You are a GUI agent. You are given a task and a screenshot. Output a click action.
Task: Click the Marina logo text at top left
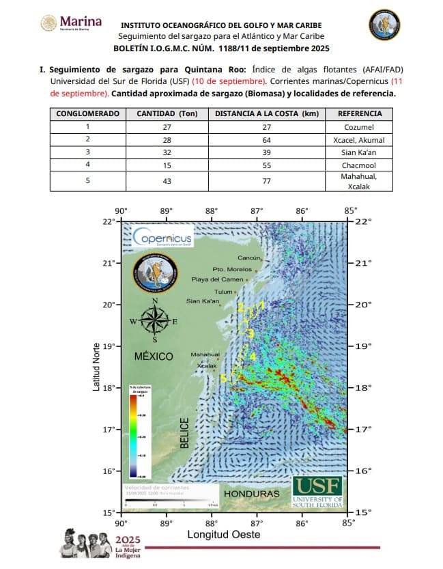coord(81,23)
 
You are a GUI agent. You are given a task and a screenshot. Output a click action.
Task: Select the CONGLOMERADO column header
coord(87,113)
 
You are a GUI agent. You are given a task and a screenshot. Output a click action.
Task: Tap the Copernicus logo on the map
coord(163,237)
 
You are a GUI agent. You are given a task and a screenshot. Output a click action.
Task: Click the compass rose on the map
coord(156,320)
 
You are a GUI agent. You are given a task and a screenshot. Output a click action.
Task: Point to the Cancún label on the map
coord(249,258)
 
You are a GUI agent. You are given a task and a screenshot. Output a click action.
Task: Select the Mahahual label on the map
coord(205,355)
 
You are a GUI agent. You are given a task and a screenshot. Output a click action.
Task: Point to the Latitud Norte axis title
coord(96,366)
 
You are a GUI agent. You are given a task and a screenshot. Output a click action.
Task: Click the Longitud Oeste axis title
coord(224,535)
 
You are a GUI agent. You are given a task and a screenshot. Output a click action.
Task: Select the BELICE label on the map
coord(184,433)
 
